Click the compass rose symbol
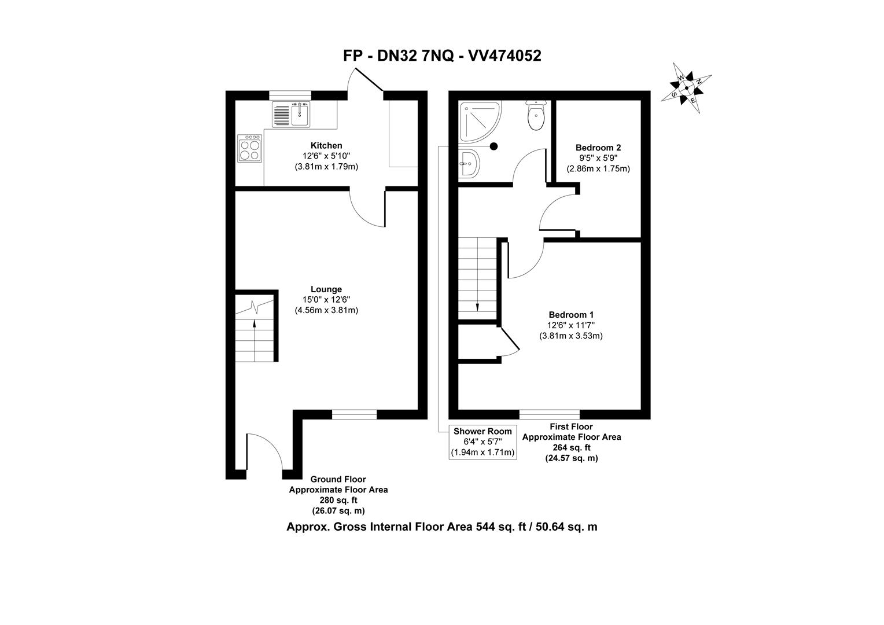click(686, 88)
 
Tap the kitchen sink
click(292, 113)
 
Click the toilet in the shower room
click(536, 116)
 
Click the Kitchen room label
click(326, 145)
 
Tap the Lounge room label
click(326, 289)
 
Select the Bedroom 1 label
click(571, 314)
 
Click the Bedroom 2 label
click(598, 148)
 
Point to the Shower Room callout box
click(482, 442)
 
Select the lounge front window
click(354, 414)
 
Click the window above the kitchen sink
click(290, 95)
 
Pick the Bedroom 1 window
click(549, 414)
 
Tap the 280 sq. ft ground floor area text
click(338, 500)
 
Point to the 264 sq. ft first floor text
click(571, 447)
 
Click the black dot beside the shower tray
click(493, 146)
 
